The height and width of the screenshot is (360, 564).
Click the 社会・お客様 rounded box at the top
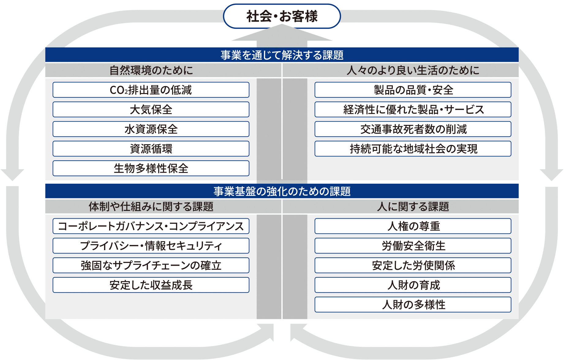[282, 16]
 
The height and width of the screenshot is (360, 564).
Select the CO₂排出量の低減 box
[151, 90]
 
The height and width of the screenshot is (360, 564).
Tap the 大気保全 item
[151, 110]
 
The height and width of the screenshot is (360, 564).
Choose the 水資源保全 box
[151, 129]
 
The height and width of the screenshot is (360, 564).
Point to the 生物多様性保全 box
[151, 168]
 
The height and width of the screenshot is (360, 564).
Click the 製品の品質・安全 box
[413, 90]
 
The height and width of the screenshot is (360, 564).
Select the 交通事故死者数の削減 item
[413, 129]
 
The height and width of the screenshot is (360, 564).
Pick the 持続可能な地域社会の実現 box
[413, 149]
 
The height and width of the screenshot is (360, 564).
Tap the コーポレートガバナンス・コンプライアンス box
[151, 226]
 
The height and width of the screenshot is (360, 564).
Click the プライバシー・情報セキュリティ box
[151, 246]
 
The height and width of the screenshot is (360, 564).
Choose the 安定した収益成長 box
[151, 285]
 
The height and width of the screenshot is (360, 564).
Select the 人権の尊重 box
[413, 226]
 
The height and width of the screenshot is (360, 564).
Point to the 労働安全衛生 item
[413, 246]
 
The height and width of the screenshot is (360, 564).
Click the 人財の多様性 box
[413, 305]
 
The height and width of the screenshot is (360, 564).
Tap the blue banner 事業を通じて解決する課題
[282, 55]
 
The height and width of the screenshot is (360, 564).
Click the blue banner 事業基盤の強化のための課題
[282, 191]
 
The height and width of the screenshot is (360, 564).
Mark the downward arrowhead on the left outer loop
[12, 175]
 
